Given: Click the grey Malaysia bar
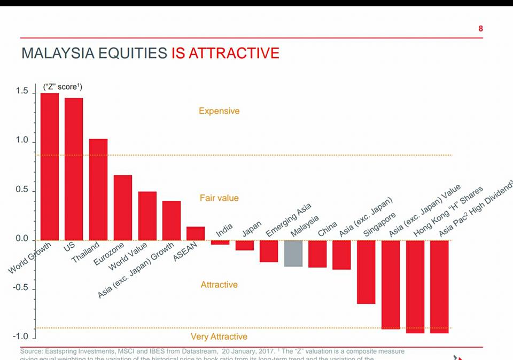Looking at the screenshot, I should (293, 253).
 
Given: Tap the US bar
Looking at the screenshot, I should (74, 169).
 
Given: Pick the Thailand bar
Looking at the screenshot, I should (98, 189).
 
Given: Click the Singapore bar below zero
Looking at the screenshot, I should (366, 272).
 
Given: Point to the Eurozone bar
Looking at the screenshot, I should (123, 207).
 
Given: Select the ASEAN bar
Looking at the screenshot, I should (196, 233).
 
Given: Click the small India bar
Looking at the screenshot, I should (220, 242).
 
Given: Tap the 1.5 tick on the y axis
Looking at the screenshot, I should (22, 92).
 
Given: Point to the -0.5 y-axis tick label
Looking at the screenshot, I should (21, 288).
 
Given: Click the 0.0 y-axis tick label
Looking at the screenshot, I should (22, 239).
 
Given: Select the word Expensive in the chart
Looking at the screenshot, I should (219, 111).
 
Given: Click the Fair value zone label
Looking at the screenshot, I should (219, 198).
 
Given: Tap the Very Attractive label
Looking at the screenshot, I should (219, 336).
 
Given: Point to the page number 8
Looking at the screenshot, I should (480, 28).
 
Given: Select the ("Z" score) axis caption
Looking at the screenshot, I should (63, 87).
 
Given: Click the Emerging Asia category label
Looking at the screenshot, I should (288, 221).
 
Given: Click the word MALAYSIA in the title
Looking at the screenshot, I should (55, 53).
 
